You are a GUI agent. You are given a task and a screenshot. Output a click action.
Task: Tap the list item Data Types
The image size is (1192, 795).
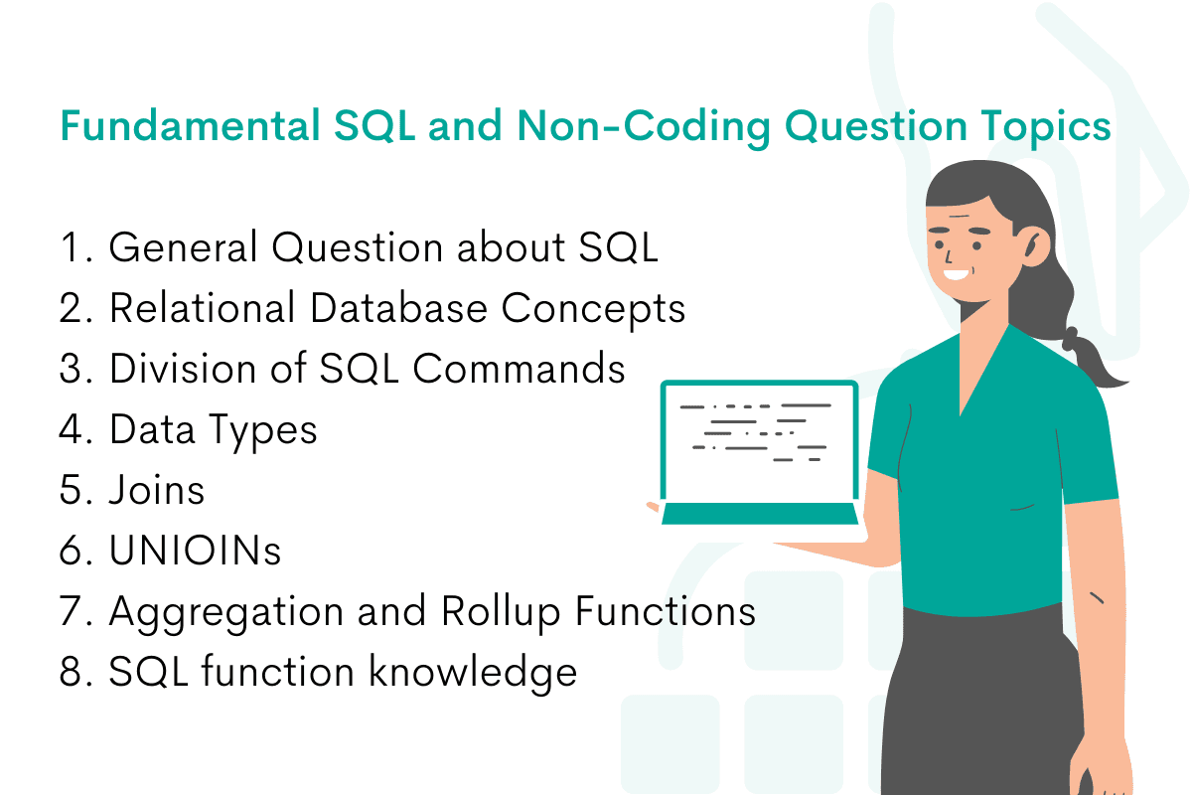pos(213,429)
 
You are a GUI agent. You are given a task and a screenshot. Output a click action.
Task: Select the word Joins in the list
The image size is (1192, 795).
pos(156,490)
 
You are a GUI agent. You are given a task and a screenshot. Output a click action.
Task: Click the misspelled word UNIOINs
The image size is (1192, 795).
pos(195,551)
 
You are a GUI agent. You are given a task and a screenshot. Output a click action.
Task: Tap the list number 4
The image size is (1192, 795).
pos(74,429)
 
